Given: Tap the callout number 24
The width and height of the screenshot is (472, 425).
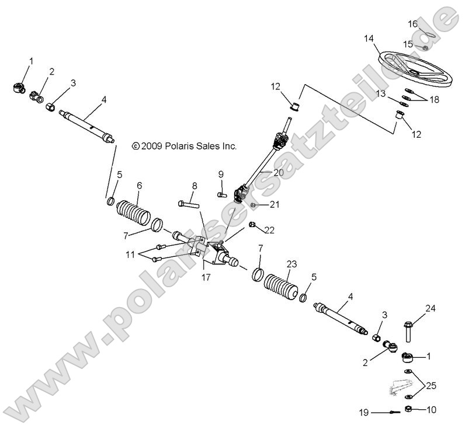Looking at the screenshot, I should coord(431,308).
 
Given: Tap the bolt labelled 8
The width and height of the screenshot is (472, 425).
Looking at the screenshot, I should coord(188,204).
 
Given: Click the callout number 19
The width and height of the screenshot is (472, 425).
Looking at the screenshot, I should coord(363,413).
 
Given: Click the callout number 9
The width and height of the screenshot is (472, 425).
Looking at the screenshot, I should coord(221,174).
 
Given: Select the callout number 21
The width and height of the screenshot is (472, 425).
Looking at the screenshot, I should coord(275,204).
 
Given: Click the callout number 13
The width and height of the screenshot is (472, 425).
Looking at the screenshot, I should coord(381,93).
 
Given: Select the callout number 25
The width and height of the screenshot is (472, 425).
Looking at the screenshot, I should coord(431,385).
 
